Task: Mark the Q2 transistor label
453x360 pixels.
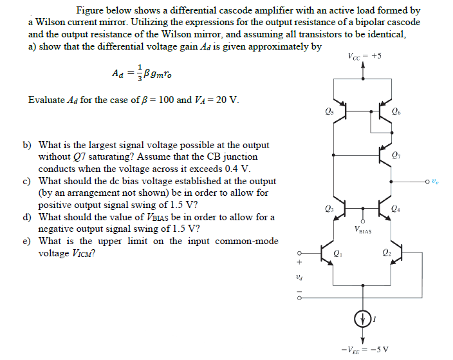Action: click(x=386, y=252)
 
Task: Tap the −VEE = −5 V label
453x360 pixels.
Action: click(x=362, y=350)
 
